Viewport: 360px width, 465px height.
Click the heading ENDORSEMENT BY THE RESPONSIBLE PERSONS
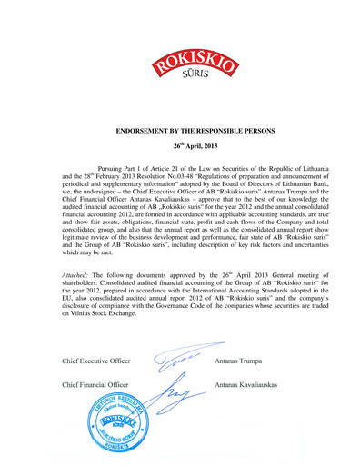pos(179,131)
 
